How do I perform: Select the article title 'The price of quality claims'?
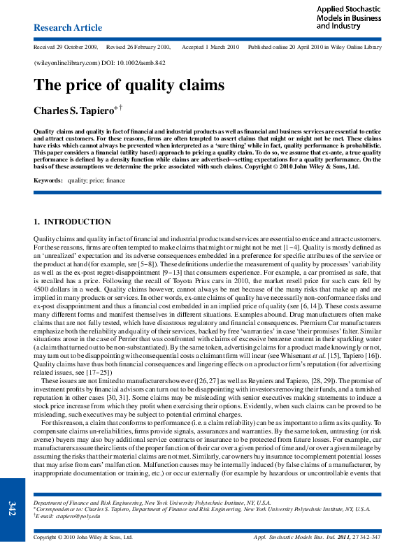129,85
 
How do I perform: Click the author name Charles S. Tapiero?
73,111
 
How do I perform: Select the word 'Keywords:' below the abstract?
47,180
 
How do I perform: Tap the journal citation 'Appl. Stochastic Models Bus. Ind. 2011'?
305,537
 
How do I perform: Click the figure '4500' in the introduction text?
44,288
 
